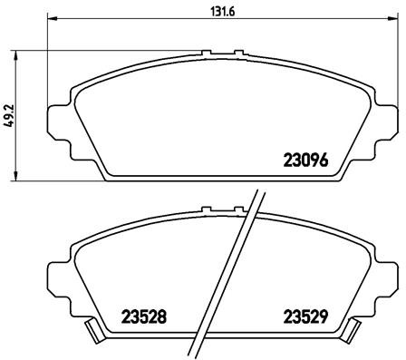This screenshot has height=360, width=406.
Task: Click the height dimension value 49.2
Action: [x=10, y=118]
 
